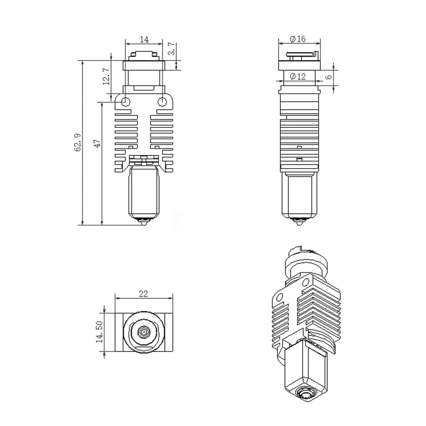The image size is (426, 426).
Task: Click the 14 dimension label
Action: point(144,39)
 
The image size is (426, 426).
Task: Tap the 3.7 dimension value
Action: point(172,49)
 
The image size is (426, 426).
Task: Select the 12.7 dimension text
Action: point(106,76)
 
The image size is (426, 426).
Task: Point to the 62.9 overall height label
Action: point(77,143)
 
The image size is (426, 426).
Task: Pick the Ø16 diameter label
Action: point(298,39)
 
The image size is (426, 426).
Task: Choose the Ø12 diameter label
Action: point(298,77)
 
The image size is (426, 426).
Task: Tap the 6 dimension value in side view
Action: point(329,77)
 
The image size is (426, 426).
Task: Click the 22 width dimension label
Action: point(143,294)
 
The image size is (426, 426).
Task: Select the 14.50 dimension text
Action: point(99,332)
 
